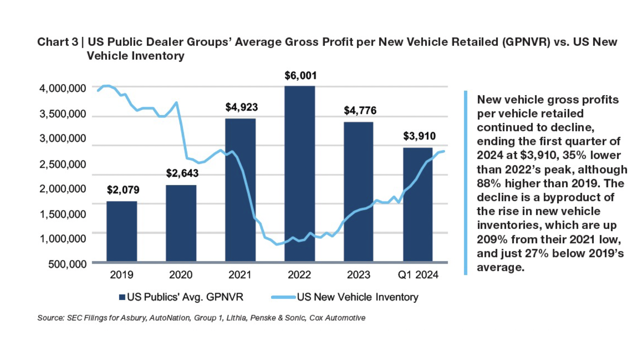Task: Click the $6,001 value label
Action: pyautogui.click(x=301, y=76)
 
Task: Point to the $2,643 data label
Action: pyautogui.click(x=182, y=173)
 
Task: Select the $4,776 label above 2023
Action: pyautogui.click(x=360, y=110)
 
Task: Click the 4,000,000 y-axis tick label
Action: pyautogui.click(x=62, y=89)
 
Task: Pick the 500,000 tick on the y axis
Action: pyautogui.click(x=67, y=264)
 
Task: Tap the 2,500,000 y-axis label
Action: pyautogui.click(x=62, y=165)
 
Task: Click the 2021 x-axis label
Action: pyautogui.click(x=240, y=275)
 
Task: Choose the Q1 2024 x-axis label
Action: pyautogui.click(x=418, y=275)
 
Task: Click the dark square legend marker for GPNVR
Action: pyautogui.click(x=122, y=297)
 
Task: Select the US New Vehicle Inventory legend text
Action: pyautogui.click(x=358, y=297)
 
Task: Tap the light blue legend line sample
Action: pyautogui.click(x=283, y=297)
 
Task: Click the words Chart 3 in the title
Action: pyautogui.click(x=57, y=42)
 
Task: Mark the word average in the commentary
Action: pyautogui.click(x=500, y=268)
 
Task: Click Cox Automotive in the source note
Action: pyautogui.click(x=337, y=318)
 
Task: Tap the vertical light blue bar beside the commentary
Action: pyautogui.click(x=465, y=183)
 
